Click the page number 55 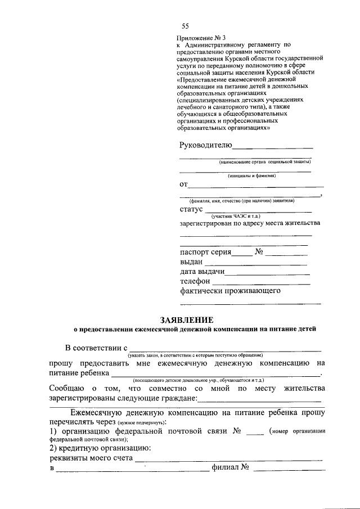[x=185, y=26]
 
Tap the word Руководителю [x=205, y=146]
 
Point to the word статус [x=191, y=209]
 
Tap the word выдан [x=191, y=262]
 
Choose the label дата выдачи [x=202, y=272]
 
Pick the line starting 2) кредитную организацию [x=100, y=448]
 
